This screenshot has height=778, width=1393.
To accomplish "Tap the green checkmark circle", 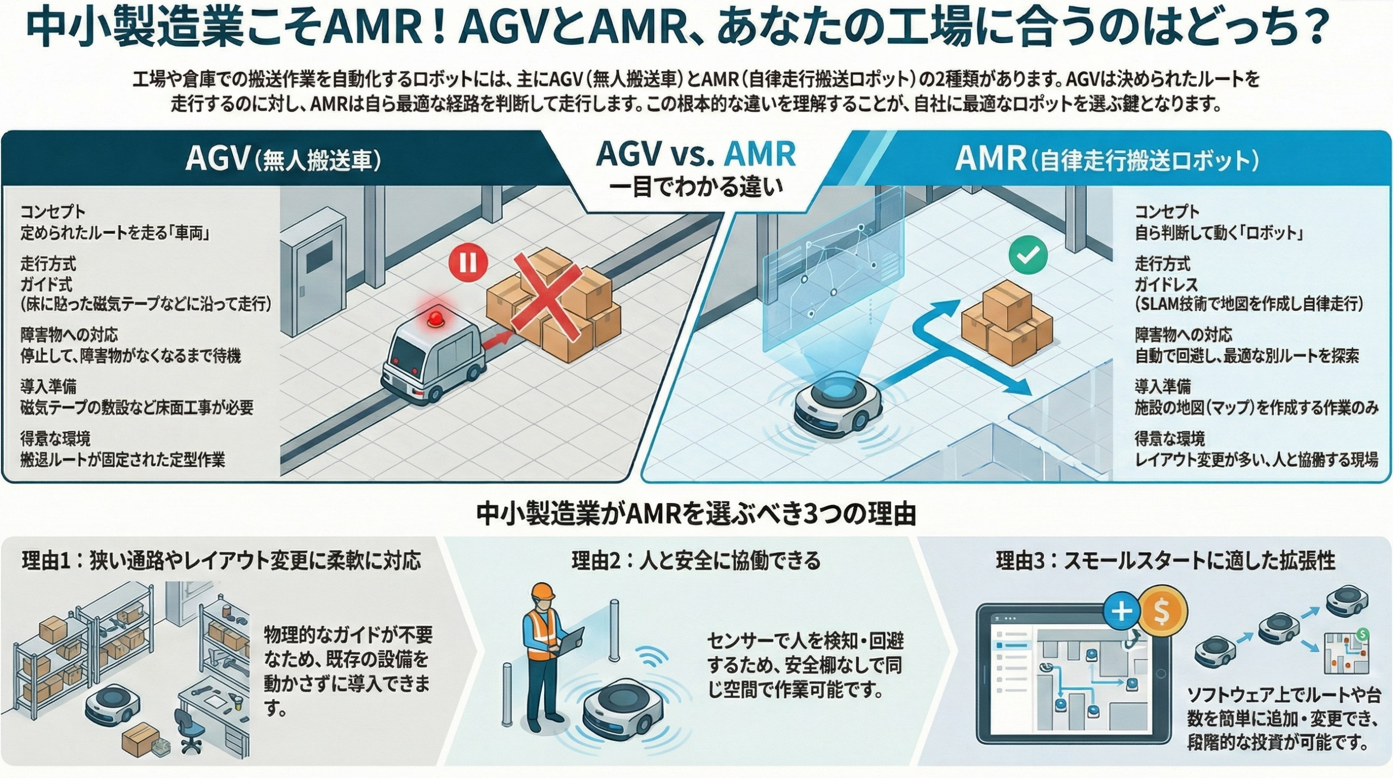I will point(1028,254).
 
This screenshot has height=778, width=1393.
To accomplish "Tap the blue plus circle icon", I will point(1121,611).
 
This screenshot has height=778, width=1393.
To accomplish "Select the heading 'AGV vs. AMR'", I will point(696,154).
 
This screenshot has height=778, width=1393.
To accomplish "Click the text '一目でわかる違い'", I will point(696,188).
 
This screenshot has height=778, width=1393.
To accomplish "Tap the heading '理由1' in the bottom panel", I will point(221,561).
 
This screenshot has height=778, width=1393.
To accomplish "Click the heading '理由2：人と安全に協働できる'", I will point(696,561).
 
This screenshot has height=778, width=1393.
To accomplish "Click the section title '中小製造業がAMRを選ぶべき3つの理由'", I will point(696,514).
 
